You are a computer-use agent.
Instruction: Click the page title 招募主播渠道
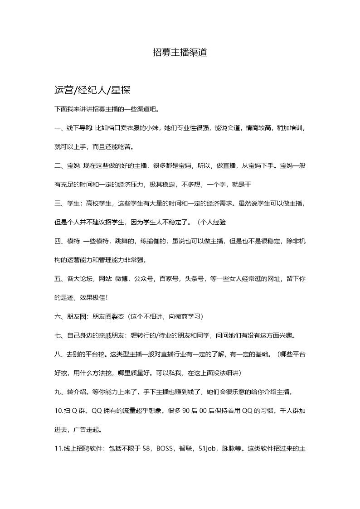tap(180, 53)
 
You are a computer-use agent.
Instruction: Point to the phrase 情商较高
tap(259, 128)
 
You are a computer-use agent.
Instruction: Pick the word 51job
tap(208, 449)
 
